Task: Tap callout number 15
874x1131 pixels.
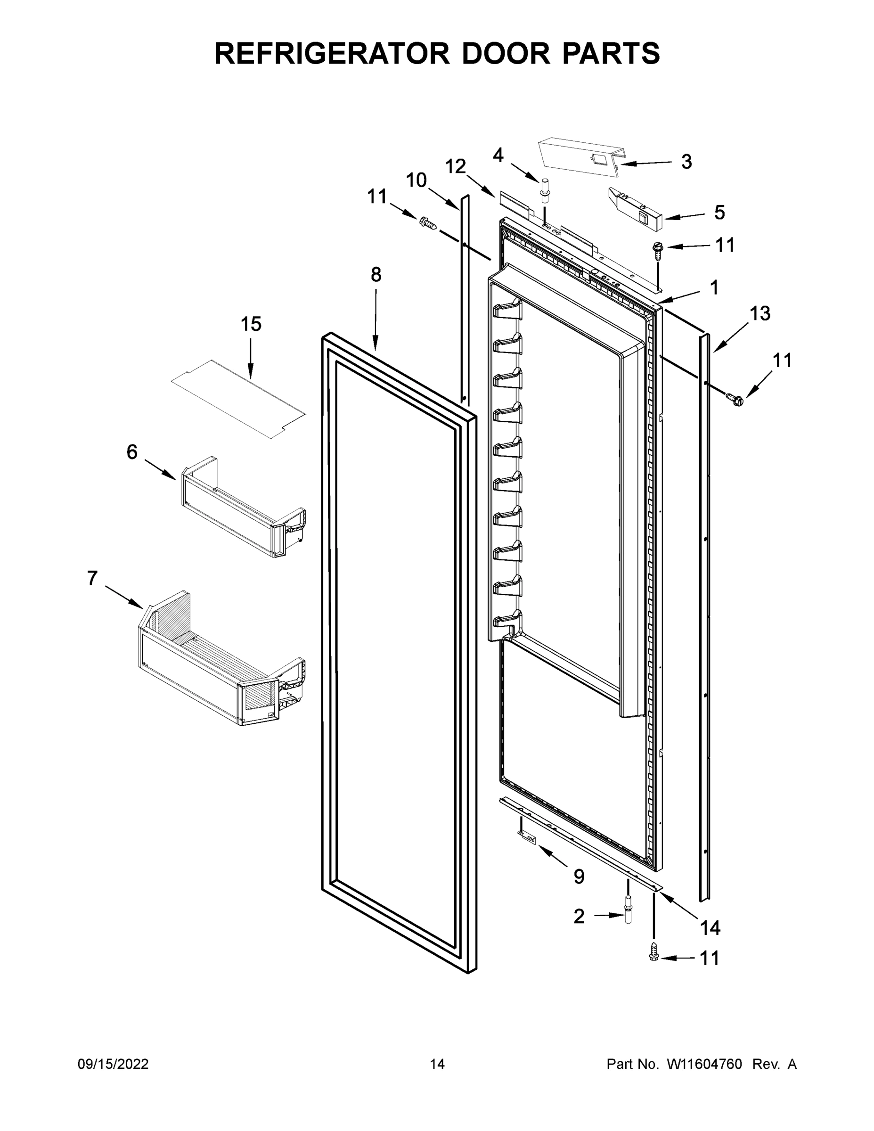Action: [x=251, y=324]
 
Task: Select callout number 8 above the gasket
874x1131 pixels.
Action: [x=376, y=274]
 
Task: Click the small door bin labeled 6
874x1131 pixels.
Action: [x=243, y=509]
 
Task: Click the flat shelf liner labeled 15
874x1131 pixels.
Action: [x=238, y=399]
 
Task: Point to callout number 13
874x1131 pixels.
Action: [x=760, y=313]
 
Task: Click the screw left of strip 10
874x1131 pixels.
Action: [x=428, y=223]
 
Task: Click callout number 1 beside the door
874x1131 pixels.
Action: [x=714, y=287]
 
